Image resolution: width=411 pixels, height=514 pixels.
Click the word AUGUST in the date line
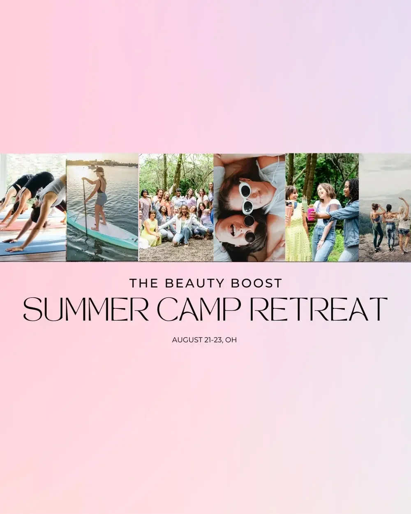coord(186,340)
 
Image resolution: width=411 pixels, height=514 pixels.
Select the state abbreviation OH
coord(232,340)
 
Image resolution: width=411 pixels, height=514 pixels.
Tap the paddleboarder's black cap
coord(99,169)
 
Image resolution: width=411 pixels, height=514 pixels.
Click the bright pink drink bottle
coord(311,214)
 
